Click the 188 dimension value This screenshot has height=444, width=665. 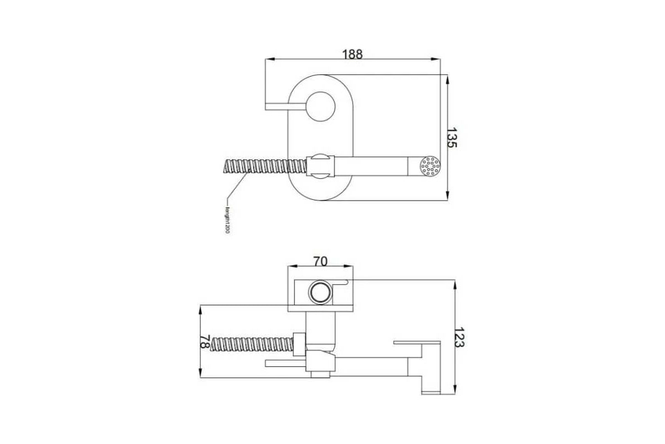(x=352, y=54)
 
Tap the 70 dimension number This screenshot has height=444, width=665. (x=320, y=261)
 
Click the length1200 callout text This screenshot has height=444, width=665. (x=227, y=220)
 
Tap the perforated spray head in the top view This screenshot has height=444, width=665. (x=430, y=166)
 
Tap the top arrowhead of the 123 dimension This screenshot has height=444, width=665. (x=454, y=283)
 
